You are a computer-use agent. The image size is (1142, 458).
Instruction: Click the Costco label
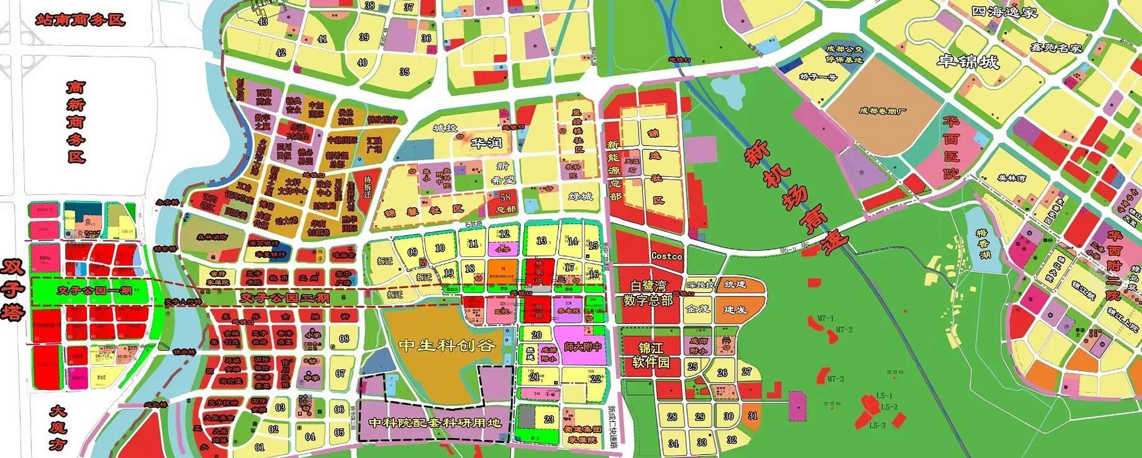[666, 256]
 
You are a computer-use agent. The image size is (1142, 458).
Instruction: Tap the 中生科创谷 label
[446, 345]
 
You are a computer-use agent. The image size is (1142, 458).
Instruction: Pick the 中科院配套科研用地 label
[435, 422]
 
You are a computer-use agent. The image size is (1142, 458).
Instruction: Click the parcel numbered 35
[404, 72]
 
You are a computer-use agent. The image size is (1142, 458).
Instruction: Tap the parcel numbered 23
[549, 419]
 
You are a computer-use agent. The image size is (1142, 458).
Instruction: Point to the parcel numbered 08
[344, 339]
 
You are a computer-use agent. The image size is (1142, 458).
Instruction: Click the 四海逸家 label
[1004, 11]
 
